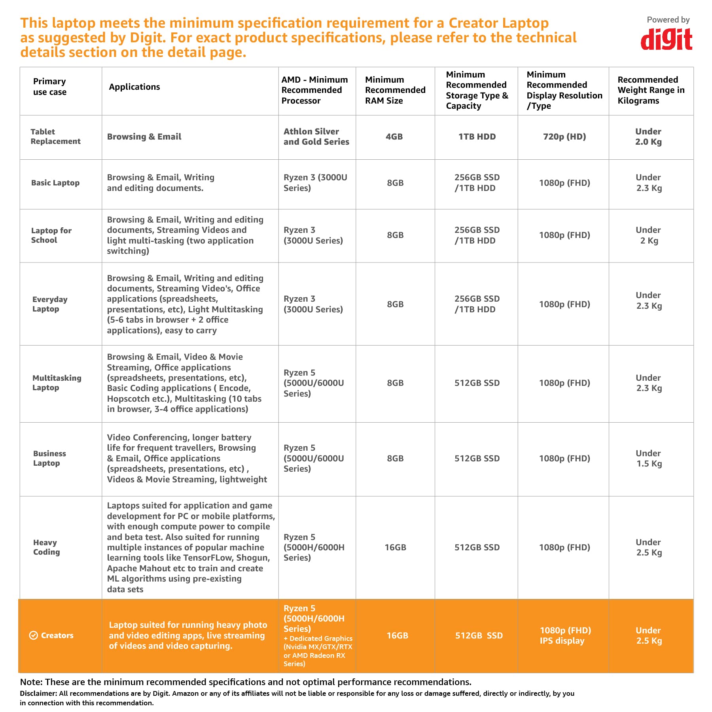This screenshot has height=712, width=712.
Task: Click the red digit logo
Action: [x=666, y=40]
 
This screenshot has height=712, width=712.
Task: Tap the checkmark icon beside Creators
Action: [x=34, y=635]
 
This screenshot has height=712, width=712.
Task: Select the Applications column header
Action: [x=134, y=87]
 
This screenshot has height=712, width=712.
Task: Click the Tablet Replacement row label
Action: [x=55, y=136]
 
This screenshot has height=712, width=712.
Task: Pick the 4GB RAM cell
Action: [x=394, y=137]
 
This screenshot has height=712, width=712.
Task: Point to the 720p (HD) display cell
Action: [x=564, y=137]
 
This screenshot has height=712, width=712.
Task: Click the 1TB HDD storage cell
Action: [x=477, y=137]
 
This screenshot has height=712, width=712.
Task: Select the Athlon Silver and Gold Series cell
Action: [x=316, y=137]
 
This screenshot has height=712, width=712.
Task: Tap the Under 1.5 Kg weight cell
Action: [x=649, y=459]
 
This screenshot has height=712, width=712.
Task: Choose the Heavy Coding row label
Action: [x=46, y=547]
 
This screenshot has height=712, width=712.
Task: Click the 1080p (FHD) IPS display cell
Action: [x=565, y=635]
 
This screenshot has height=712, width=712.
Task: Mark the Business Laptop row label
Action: [x=49, y=458]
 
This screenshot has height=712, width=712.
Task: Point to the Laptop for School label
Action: [x=51, y=235]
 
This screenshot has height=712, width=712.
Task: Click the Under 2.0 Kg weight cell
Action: [x=648, y=137]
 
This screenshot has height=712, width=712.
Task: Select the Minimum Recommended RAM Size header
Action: [x=395, y=90]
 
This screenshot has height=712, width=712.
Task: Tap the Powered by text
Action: [x=668, y=20]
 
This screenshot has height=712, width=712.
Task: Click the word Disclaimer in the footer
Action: [x=38, y=693]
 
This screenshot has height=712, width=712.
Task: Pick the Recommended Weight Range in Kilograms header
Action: [x=651, y=90]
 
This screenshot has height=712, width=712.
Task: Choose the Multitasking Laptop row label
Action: [x=57, y=383]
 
